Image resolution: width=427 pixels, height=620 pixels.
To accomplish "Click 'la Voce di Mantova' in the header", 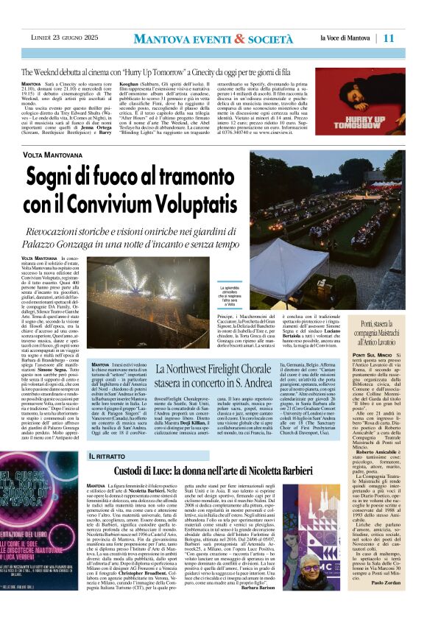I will (345, 38).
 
